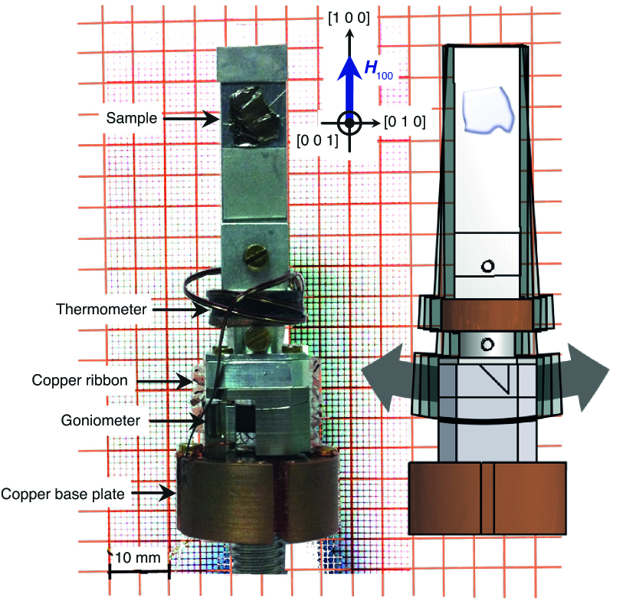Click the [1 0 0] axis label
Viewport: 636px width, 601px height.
[x=349, y=19]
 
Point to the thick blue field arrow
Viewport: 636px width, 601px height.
[x=349, y=80]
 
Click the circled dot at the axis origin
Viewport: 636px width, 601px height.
[x=349, y=123]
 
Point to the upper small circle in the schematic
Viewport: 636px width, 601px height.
[x=486, y=266]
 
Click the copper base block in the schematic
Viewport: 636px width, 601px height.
[x=488, y=498]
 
